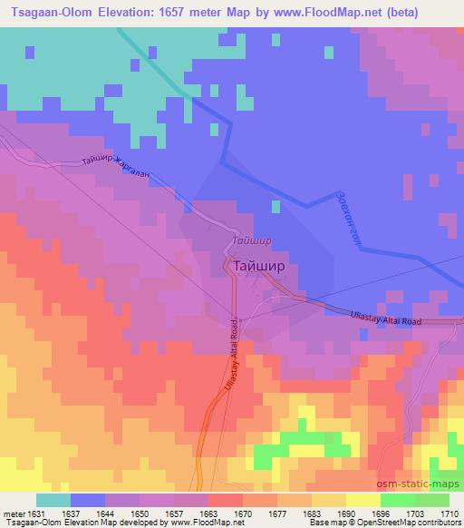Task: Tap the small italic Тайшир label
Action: (251, 242)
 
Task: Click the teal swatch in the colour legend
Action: (53, 500)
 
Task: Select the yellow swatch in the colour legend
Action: (363, 500)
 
